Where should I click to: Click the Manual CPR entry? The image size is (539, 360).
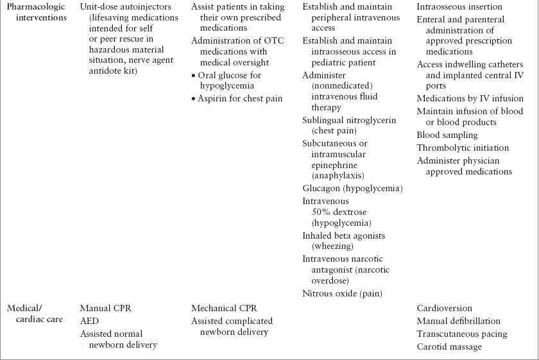105,309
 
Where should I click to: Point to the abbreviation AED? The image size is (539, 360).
89,321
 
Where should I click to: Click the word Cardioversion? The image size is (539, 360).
444,309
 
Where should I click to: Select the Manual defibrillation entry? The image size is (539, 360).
458,321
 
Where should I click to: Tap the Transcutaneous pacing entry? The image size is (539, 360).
461,334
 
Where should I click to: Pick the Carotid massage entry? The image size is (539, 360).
449,347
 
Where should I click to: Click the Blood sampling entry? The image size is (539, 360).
447,135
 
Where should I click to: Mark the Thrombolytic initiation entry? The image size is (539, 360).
458,148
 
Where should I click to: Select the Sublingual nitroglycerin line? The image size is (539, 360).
349,120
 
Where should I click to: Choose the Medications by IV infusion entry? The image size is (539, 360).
470,99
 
